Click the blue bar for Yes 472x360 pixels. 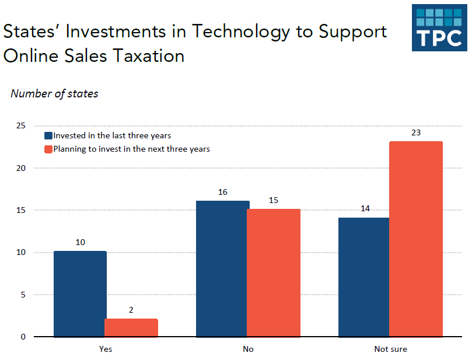pyautogui.click(x=79, y=294)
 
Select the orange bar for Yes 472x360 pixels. pyautogui.click(x=131, y=328)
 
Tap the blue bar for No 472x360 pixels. pyautogui.click(x=222, y=269)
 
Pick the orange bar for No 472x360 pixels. pyautogui.click(x=274, y=273)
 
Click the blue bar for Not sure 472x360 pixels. pyautogui.click(x=364, y=277)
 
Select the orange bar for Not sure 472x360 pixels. pyautogui.click(x=416, y=239)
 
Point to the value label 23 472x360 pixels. pyautogui.click(x=416, y=132)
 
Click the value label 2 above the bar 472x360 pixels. pyautogui.click(x=131, y=310)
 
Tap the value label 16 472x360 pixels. pyautogui.click(x=222, y=192)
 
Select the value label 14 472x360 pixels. pyautogui.click(x=365, y=208)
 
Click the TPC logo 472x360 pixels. pyautogui.click(x=439, y=28)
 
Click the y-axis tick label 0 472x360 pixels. pyautogui.click(x=23, y=337)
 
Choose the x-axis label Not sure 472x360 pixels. pyautogui.click(x=390, y=349)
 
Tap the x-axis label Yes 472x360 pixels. pyautogui.click(x=106, y=349)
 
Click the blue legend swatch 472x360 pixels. pyautogui.click(x=49, y=135)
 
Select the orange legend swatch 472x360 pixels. pyautogui.click(x=49, y=149)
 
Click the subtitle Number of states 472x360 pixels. pyautogui.click(x=54, y=93)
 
